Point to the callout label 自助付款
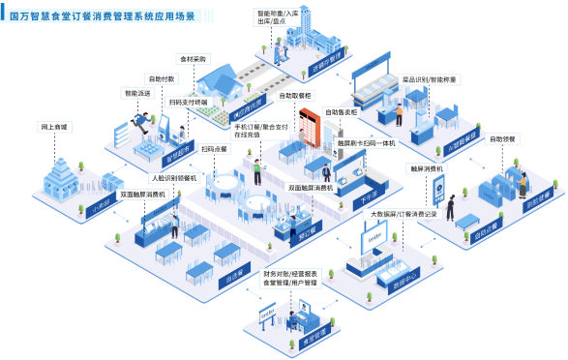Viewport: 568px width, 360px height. pos(162,77)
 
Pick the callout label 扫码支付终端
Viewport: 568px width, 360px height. pos(187,101)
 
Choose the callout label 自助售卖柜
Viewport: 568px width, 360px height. pos(341,111)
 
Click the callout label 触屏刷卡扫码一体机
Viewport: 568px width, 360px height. pos(367,143)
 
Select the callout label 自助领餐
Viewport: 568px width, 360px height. pos(504,138)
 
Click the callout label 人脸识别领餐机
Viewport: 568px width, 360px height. pos(173,179)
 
